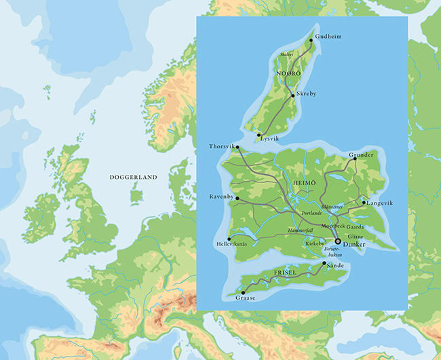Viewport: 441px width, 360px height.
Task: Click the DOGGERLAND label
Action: point(133,178)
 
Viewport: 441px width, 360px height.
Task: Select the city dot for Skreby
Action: point(293,96)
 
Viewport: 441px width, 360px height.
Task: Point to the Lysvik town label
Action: point(269,138)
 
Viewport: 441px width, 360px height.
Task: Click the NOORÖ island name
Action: point(288,72)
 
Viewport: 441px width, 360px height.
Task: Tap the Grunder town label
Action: point(361,155)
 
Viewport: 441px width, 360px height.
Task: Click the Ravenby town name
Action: point(221,197)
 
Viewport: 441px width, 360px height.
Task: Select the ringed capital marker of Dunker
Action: point(338,241)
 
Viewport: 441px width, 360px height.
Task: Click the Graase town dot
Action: point(243,292)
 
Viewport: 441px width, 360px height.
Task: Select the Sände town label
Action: point(336,266)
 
